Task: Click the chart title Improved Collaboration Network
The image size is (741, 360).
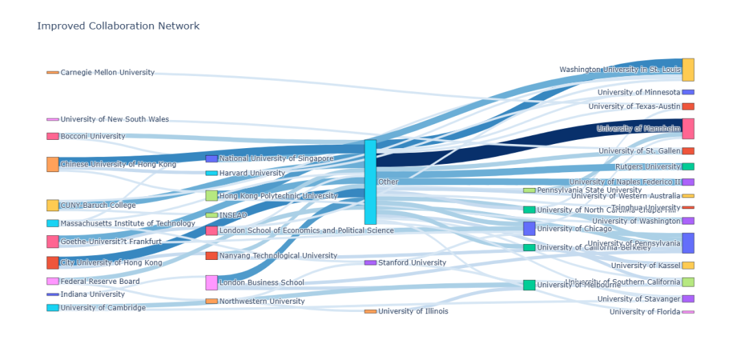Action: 118,26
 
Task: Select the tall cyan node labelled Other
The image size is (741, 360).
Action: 370,182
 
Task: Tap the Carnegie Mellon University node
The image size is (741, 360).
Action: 53,72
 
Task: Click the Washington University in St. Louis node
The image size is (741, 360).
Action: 687,70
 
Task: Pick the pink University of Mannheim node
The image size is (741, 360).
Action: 687,129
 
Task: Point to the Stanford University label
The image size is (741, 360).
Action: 412,263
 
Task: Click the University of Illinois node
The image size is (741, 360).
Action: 370,311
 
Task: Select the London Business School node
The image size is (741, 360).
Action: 211,283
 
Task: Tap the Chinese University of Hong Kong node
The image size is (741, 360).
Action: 53,165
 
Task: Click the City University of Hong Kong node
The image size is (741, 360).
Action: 53,263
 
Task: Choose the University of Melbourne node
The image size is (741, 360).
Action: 529,285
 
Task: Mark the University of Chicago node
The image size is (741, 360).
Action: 529,228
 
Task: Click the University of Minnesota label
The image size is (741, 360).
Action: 638,93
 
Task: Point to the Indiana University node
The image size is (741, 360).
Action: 53,294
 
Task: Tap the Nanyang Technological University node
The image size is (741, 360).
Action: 211,256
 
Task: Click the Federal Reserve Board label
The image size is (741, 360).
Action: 100,281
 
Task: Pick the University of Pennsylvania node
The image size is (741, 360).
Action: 687,243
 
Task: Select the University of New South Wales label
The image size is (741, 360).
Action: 115,119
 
